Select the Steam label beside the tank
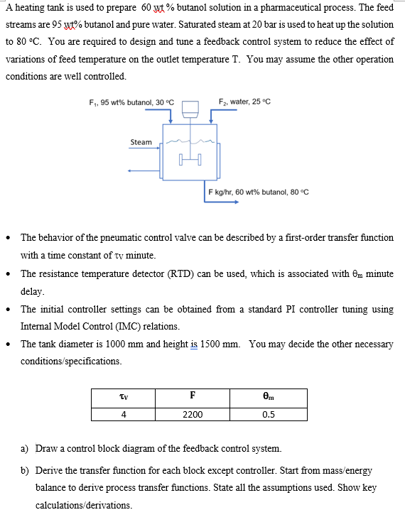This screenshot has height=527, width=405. [x=141, y=142]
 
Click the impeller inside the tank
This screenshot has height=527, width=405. [x=190, y=161]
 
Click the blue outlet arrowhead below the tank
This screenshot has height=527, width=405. [x=245, y=201]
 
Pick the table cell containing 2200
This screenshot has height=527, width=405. [x=193, y=414]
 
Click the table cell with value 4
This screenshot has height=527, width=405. [x=124, y=414]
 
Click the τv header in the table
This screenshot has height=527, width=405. [x=124, y=396]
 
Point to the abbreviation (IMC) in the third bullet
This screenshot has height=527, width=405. [x=135, y=327]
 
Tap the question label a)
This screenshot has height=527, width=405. [x=25, y=449]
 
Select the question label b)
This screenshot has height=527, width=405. [x=25, y=470]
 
